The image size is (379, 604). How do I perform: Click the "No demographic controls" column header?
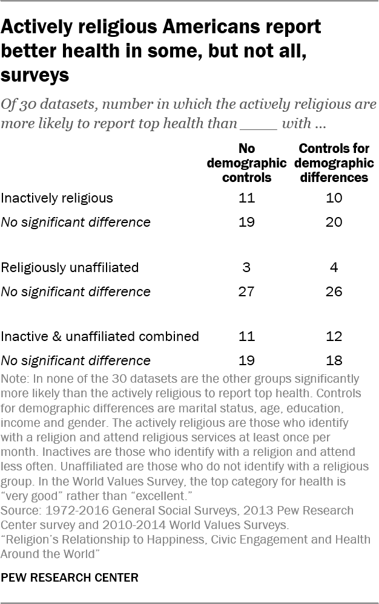[246, 163]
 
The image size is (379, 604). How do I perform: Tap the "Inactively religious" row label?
[57, 198]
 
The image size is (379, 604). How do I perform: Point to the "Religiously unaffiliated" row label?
[70, 267]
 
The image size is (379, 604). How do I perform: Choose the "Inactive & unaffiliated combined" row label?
[100, 336]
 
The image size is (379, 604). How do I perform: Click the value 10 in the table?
[334, 198]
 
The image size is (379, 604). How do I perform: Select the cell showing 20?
[334, 222]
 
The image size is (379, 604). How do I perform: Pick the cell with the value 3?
[247, 267]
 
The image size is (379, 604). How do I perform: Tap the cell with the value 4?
[334, 267]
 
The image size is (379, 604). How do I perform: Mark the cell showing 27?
[247, 291]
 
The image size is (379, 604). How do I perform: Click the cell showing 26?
[334, 291]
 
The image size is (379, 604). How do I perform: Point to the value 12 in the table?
[334, 336]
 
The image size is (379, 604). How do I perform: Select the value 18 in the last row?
[334, 360]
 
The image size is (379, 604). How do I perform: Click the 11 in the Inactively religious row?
[247, 198]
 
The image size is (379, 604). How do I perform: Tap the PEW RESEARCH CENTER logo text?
[70, 577]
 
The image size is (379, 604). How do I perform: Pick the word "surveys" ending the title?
[35, 76]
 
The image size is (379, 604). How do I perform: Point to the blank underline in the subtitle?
[260, 126]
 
